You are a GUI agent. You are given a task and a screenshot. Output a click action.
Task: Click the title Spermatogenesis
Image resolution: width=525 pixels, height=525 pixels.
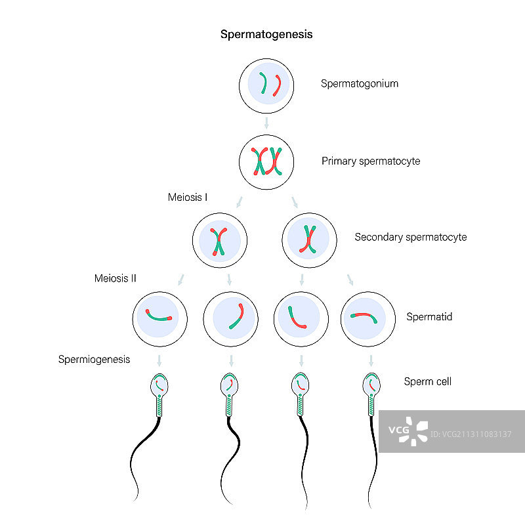coord(266,35)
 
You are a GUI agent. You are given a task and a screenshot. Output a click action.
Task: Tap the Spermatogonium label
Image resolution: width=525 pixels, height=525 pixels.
coord(360,84)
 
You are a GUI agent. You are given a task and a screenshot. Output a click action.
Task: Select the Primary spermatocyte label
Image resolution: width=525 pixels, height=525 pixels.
coord(371,161)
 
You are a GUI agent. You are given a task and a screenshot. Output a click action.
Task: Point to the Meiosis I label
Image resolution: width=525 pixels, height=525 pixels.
coord(188,197)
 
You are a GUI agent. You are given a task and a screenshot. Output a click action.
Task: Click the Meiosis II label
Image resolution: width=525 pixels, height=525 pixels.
coord(115,278)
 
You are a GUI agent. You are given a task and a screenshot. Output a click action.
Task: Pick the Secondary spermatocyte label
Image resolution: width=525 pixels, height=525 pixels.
coord(411,237)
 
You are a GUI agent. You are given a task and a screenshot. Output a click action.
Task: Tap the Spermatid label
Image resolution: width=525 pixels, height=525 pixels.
coord(429,318)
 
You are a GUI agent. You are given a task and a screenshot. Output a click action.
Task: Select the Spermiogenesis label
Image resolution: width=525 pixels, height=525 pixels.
coord(94,359)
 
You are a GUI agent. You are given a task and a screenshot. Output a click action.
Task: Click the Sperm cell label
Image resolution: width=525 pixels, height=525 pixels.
coord(427,381)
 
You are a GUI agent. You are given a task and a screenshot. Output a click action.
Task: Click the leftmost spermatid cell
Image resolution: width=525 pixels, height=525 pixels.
coord(160,319)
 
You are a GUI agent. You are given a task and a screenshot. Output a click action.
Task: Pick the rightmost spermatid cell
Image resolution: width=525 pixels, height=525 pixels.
coord(369,319)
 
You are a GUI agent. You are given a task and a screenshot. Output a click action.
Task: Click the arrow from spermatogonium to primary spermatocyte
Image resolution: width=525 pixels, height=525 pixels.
coord(266,123)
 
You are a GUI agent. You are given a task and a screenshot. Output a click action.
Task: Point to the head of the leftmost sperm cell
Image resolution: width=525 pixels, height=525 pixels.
coord(159,386)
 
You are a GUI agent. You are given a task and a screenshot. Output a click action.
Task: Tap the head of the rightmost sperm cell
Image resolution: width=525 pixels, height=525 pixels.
coord(371,386)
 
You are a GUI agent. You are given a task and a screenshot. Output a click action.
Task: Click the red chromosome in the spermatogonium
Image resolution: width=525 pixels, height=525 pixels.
coord(278,86)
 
